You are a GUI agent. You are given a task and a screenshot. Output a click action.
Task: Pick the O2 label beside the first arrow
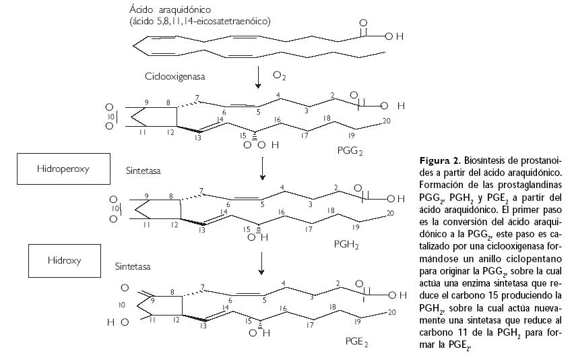tap(279, 77)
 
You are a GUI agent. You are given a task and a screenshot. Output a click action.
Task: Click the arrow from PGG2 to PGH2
tap(261, 169)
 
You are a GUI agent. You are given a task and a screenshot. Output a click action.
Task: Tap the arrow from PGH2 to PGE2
tap(261, 264)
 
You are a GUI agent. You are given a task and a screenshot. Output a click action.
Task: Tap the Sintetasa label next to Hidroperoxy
tap(144, 172)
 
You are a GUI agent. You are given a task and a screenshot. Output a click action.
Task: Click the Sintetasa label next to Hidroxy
tap(133, 267)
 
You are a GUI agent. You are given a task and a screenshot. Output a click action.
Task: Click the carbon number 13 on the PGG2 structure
tap(199, 138)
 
